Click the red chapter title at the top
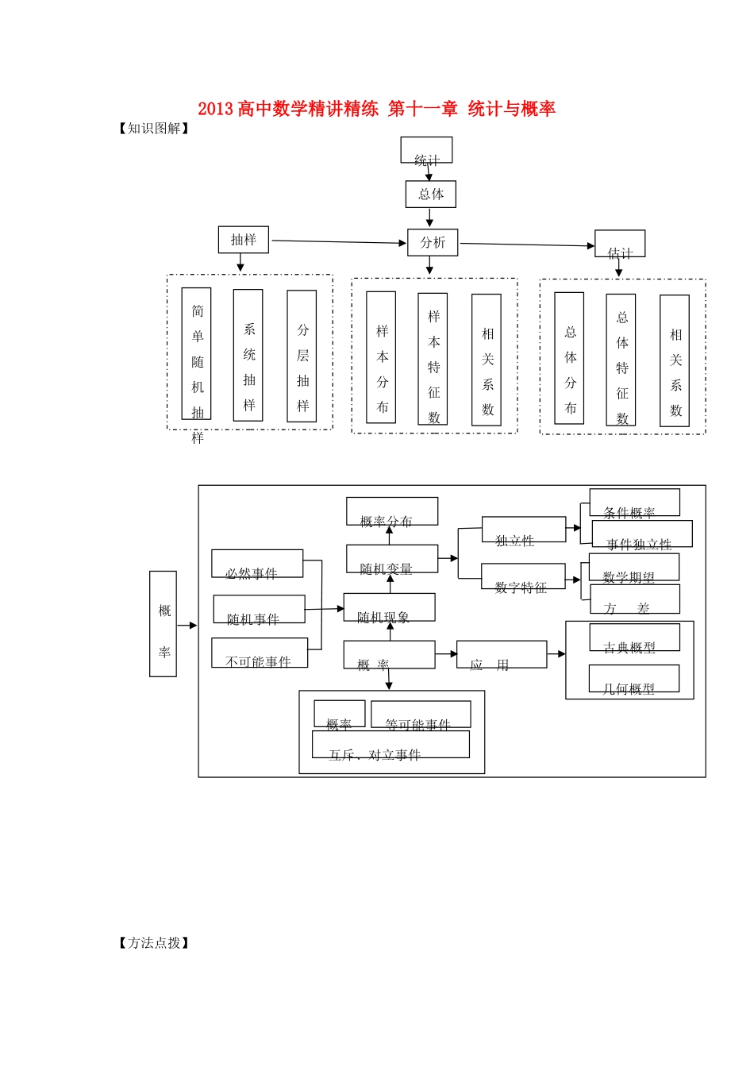click(376, 109)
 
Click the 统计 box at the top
click(426, 151)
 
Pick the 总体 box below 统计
click(430, 195)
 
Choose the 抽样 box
click(243, 240)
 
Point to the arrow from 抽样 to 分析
click(337, 242)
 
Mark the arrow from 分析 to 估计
click(526, 245)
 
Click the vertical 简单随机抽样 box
click(196, 354)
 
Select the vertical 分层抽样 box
click(302, 356)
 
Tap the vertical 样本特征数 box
click(433, 359)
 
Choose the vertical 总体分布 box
click(569, 358)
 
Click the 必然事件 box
click(257, 564)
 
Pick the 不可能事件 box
click(260, 653)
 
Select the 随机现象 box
click(389, 607)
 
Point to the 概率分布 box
click(392, 511)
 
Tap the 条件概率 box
click(634, 503)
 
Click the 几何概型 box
click(633, 679)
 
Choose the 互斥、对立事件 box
click(390, 745)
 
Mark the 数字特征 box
click(523, 576)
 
